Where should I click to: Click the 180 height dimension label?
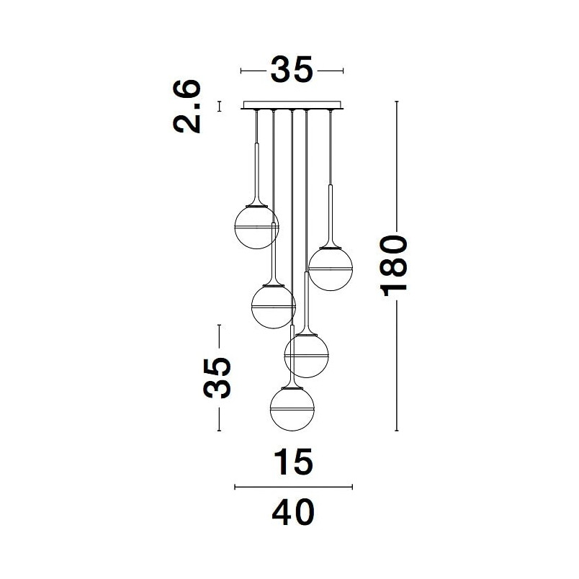[394, 266]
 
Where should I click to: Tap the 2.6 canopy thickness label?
[187, 106]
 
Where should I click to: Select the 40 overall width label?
[293, 512]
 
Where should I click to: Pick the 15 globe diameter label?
[295, 462]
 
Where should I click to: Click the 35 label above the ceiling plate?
[292, 69]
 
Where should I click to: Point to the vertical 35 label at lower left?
[217, 378]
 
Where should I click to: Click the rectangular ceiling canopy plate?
[292, 105]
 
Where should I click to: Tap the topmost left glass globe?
[256, 227]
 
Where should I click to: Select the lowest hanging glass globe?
[292, 409]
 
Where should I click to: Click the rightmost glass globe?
[331, 269]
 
